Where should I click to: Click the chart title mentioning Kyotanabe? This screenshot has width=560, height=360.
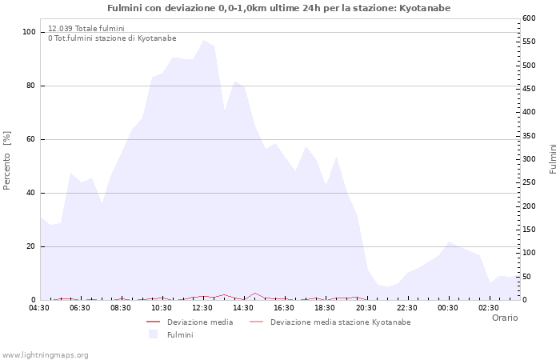[x=278, y=8]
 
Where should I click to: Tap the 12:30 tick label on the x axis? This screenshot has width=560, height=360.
[x=202, y=307]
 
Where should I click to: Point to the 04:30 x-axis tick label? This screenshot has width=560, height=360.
[x=39, y=307]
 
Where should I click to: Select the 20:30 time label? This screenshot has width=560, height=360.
[x=366, y=307]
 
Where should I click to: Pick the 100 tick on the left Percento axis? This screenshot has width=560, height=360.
[x=29, y=32]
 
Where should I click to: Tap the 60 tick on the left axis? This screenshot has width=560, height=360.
[x=31, y=139]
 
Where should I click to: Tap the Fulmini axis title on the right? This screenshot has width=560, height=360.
[x=553, y=158]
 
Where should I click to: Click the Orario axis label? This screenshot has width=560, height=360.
[x=504, y=318]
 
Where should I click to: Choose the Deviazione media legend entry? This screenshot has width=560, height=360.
[x=200, y=322]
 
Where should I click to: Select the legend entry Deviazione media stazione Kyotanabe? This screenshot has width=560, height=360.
[x=340, y=322]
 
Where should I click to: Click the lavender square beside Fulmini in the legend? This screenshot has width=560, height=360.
[x=153, y=334]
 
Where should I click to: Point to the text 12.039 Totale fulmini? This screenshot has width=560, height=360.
[x=86, y=29]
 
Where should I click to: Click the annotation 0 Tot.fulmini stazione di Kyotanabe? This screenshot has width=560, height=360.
[x=112, y=38]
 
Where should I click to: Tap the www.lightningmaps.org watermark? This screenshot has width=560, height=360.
[x=45, y=355]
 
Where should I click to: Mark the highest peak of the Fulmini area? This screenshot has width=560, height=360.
[x=203, y=40]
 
